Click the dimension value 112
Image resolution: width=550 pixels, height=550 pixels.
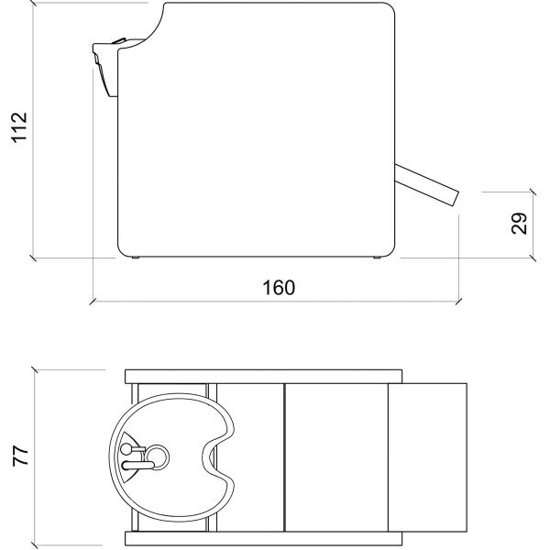[19, 127]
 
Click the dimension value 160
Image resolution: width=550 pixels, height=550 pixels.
[279, 288]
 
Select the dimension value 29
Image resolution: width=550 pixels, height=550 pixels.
[519, 224]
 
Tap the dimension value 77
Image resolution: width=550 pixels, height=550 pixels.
[20, 456]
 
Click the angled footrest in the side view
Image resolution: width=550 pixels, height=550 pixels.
[427, 185]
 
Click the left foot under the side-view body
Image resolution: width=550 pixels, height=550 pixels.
[135, 258]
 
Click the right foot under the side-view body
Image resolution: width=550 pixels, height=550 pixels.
[377, 258]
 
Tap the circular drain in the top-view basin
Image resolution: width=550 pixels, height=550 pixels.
[157, 457]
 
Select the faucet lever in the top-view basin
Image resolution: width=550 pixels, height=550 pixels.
[137, 466]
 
